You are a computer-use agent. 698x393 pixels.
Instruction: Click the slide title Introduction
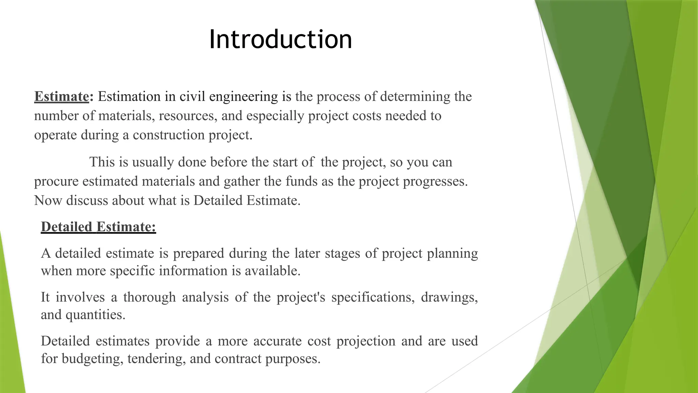point(280,39)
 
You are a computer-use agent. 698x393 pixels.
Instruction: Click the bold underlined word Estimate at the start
point(61,97)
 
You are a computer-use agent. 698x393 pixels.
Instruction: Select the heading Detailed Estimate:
point(98,227)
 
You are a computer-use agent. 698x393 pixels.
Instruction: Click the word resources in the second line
point(188,116)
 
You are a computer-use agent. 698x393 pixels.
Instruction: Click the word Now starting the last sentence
point(48,201)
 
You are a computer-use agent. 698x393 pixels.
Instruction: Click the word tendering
point(156,359)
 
